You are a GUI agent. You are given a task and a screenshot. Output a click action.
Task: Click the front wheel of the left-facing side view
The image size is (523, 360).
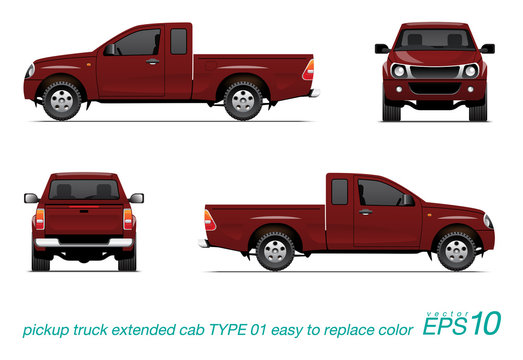pos(62,100)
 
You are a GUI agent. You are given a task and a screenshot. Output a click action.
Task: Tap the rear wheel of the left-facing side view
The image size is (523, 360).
pos(242,100)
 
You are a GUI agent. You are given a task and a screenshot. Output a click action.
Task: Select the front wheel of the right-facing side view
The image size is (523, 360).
pos(457,249)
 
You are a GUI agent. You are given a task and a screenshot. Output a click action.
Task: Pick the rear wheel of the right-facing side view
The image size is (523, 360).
pos(274,250)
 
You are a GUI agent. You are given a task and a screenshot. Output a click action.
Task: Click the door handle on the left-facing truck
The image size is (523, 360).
pos(152,62)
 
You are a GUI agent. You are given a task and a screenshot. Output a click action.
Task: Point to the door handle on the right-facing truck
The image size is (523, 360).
pos(366,211)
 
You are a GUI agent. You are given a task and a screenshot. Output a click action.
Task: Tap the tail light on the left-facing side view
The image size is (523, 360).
pos(308,70)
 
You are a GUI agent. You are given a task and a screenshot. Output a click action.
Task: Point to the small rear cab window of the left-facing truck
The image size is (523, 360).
pos(178,41)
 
